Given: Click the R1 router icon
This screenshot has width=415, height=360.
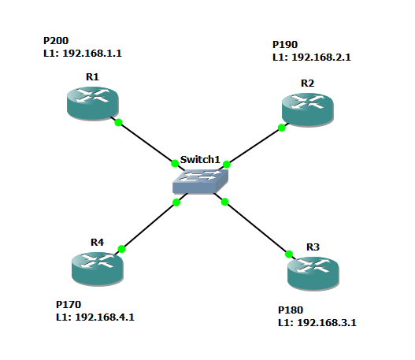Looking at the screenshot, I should click(x=92, y=103).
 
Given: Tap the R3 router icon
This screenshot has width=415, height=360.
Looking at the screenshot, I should click(x=313, y=272).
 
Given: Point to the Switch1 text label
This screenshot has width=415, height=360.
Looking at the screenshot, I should click(x=202, y=159).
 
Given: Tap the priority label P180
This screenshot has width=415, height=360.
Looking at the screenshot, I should click(x=291, y=310).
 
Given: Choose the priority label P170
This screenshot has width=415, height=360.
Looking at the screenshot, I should click(x=69, y=304).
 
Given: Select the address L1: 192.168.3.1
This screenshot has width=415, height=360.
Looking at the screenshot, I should click(x=323, y=323).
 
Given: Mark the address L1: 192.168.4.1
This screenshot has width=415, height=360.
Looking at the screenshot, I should click(x=101, y=317).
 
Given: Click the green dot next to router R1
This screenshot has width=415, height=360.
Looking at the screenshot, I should click(x=118, y=122).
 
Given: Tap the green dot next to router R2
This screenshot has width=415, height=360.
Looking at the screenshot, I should click(x=282, y=126).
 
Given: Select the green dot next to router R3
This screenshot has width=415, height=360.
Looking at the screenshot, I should click(x=289, y=254).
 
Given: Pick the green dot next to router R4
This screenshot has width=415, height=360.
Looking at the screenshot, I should click(x=121, y=249).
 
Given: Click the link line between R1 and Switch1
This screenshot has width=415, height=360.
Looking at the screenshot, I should click(x=146, y=143).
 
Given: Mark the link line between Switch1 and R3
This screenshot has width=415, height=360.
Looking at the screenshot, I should click(x=257, y=228).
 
